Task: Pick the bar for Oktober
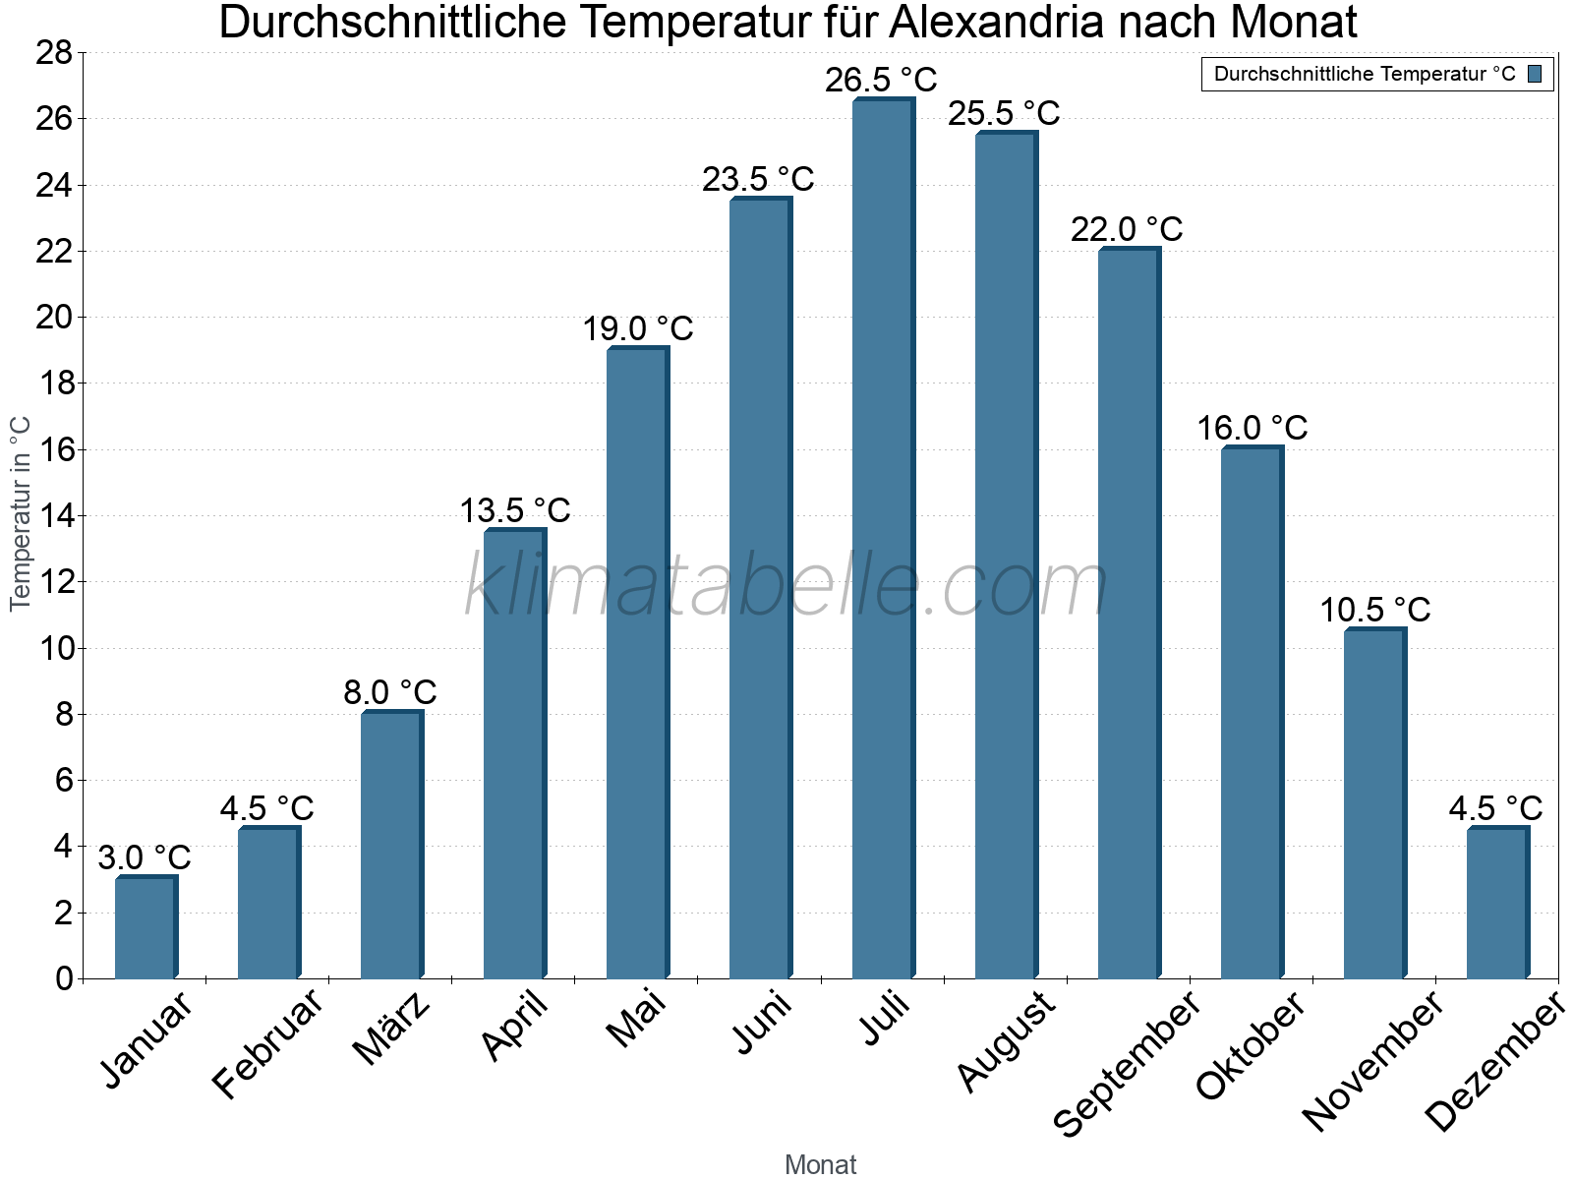(1252, 713)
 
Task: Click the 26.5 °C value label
(881, 80)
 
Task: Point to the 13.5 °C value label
(515, 510)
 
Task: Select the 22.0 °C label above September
(1127, 229)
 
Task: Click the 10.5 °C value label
(1374, 610)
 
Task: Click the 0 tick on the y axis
(64, 978)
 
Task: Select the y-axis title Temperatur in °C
(21, 513)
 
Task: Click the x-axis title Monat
(820, 1164)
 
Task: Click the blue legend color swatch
(1535, 74)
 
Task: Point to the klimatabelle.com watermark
(786, 587)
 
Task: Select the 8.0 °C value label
(389, 692)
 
